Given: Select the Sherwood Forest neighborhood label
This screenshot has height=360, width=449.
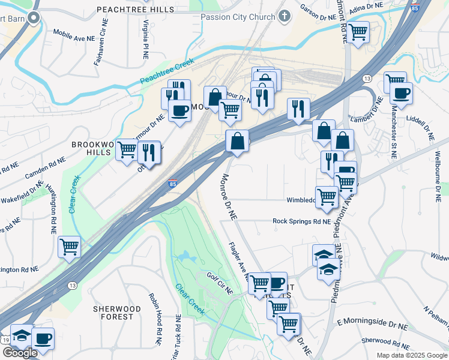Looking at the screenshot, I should (116, 313).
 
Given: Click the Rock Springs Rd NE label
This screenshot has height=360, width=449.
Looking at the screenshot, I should (301, 221).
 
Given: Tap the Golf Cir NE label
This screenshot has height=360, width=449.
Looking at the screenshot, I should (220, 282).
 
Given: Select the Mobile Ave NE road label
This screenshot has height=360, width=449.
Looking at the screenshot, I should (74, 37).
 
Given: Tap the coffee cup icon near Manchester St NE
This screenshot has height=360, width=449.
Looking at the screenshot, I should (401, 93).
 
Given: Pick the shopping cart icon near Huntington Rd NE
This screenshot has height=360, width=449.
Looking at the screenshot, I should (70, 246).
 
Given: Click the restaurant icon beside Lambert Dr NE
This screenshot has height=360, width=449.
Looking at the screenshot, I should (298, 109).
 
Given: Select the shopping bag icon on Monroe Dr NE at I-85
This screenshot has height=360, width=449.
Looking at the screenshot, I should (238, 141).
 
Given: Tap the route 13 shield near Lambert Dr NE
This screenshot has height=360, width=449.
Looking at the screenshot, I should (366, 79).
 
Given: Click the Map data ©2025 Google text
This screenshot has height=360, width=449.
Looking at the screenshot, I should (411, 355).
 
